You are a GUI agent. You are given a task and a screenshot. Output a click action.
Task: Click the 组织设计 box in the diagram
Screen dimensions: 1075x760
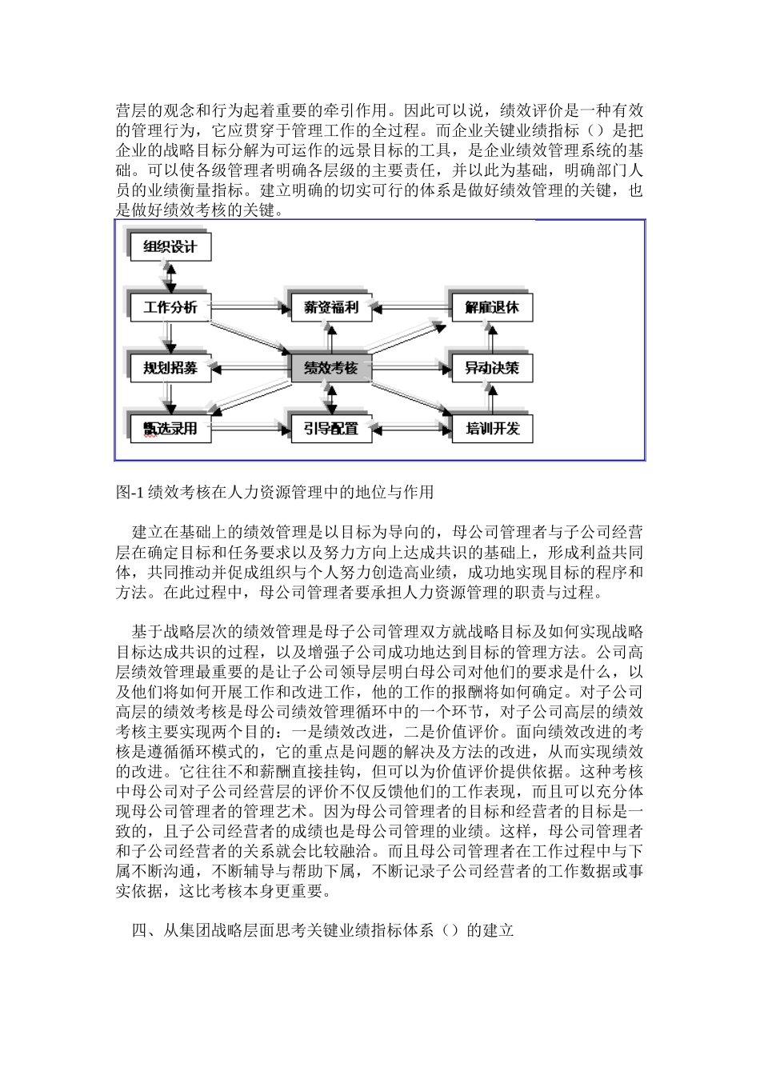point(170,246)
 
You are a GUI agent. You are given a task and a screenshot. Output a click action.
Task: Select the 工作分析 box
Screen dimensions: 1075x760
point(170,307)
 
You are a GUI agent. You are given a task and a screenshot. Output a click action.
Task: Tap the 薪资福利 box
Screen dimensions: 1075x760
point(330,307)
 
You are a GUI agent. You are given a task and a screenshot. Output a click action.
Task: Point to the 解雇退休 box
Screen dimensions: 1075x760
point(491,307)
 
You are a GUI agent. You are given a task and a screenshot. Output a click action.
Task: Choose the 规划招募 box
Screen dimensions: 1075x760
point(170,368)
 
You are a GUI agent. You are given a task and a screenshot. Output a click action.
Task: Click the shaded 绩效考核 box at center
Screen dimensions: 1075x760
point(330,368)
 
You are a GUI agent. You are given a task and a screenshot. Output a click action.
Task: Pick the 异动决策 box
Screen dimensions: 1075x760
point(491,368)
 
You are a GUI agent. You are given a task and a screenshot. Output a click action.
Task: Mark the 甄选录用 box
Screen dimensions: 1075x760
point(170,429)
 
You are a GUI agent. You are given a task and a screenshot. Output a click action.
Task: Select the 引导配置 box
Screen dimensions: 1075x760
point(330,429)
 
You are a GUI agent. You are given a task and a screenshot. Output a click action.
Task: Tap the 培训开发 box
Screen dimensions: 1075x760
point(491,429)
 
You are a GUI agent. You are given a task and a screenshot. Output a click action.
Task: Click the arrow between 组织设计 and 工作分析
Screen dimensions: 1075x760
point(170,277)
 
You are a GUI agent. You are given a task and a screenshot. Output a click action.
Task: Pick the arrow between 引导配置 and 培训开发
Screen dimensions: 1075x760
point(410,429)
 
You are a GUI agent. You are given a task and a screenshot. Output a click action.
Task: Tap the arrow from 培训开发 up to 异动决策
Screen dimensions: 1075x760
point(491,398)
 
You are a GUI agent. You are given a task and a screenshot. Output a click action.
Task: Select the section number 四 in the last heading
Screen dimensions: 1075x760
point(138,931)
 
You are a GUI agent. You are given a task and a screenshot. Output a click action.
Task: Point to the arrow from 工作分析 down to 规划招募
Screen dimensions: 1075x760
point(170,338)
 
